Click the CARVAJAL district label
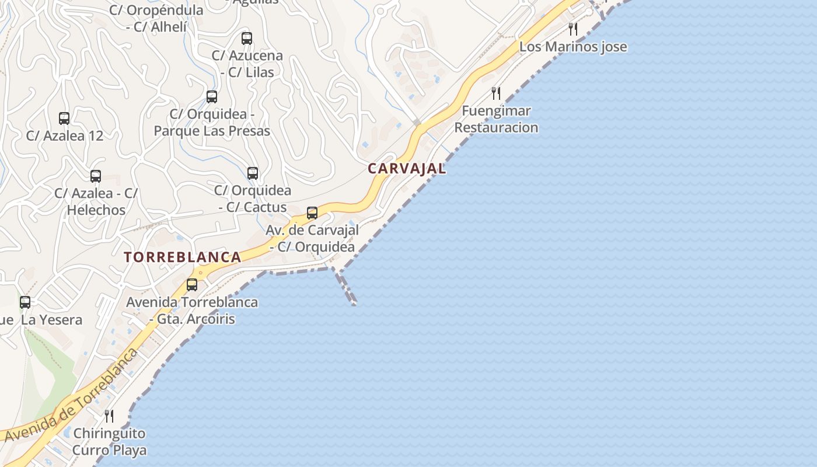(x=407, y=169)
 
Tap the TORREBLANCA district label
(x=183, y=257)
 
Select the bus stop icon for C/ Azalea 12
(x=64, y=118)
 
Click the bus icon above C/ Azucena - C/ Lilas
(x=247, y=39)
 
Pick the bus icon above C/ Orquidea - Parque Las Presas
(x=212, y=96)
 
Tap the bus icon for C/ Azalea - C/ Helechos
(x=96, y=176)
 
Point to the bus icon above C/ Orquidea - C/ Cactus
(x=253, y=173)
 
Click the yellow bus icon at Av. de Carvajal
(x=312, y=212)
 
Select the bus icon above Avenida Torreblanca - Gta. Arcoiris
(x=192, y=285)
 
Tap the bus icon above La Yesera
(x=25, y=302)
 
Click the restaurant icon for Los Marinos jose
(x=573, y=29)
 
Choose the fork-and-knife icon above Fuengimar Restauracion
(x=496, y=93)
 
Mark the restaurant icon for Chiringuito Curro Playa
(x=109, y=416)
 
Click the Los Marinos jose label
(x=573, y=47)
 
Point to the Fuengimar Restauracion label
(x=496, y=119)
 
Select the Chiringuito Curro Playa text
(x=109, y=442)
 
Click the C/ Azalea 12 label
(x=65, y=136)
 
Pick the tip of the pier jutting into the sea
(x=354, y=303)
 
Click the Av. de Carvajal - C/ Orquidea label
(x=312, y=238)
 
